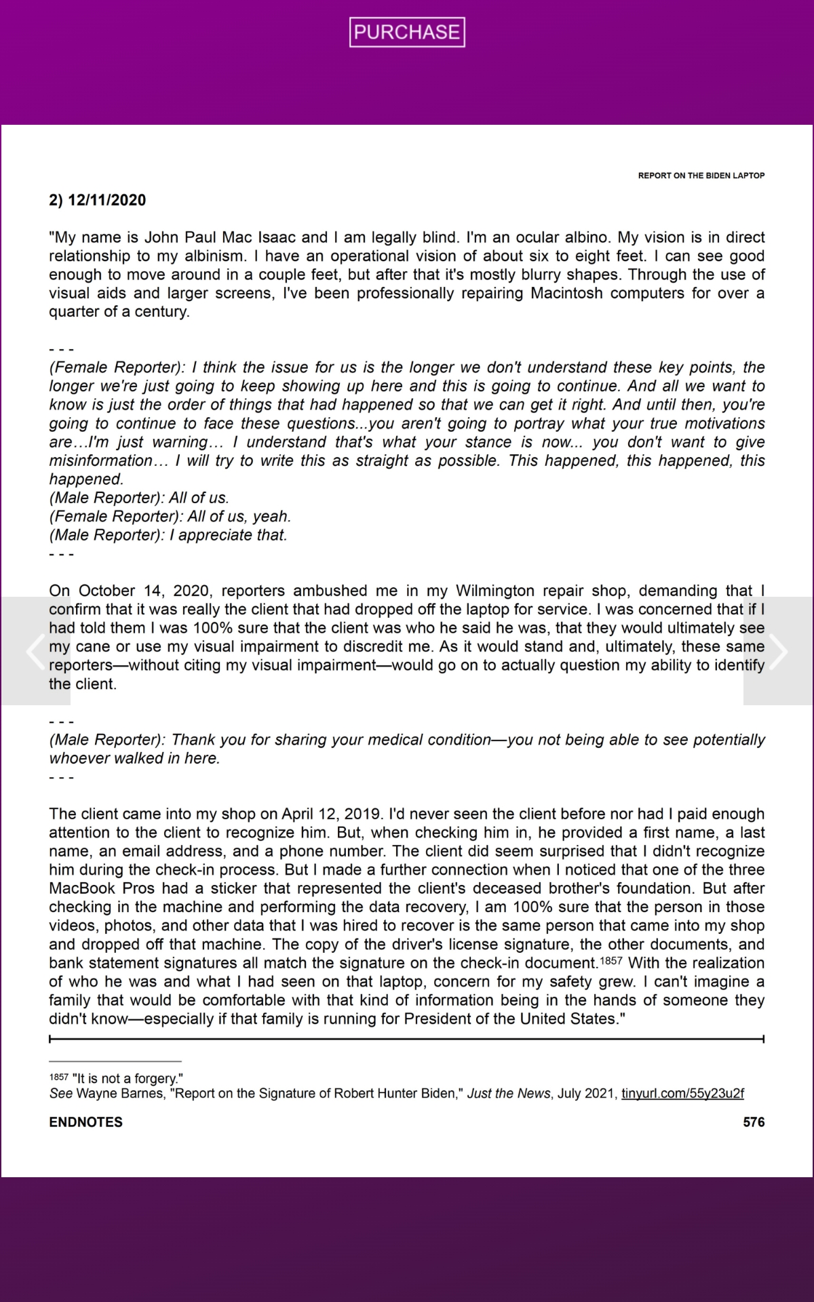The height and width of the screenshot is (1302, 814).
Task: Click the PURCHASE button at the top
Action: point(407,32)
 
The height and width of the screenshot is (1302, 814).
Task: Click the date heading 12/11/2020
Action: point(106,200)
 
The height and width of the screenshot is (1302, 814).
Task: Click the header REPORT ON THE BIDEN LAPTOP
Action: point(701,176)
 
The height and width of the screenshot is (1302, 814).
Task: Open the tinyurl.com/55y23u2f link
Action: point(682,1094)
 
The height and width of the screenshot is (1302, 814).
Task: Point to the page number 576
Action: point(754,1122)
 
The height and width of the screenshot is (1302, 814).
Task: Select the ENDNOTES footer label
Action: point(85,1122)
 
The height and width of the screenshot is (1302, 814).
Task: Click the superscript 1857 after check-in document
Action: point(611,962)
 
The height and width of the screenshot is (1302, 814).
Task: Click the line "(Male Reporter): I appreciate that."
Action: point(168,535)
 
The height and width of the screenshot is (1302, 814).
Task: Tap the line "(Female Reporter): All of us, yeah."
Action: point(170,516)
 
